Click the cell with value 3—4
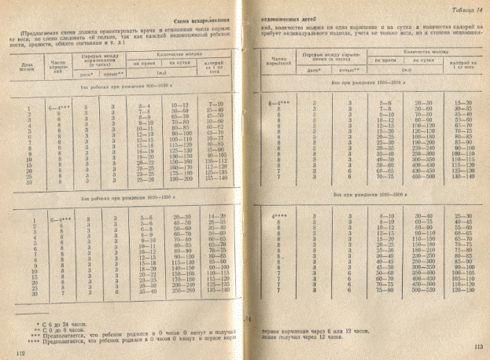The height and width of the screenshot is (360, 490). (145, 105)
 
